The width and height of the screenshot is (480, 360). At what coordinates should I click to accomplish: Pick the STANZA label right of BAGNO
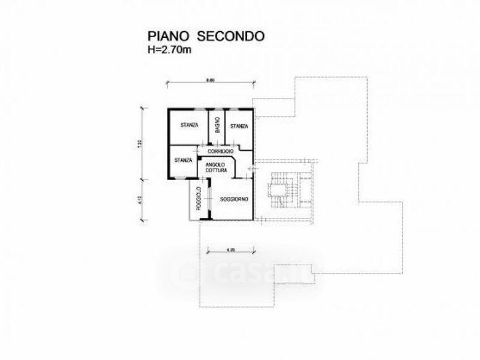coord(239,126)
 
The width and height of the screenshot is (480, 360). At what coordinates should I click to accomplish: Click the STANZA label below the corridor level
coord(183,160)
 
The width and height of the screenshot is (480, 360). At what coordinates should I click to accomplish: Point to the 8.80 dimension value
coord(209,80)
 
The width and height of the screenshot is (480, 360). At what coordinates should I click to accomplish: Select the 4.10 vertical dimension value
coord(139,200)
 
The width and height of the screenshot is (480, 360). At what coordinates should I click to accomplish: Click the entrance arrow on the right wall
coord(251,170)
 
